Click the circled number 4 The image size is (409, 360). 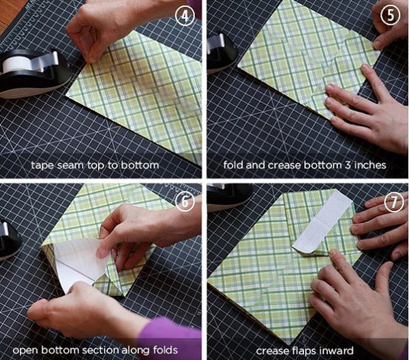[x=185, y=16]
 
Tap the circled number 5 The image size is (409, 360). [x=390, y=15]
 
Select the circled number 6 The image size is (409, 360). [x=185, y=201]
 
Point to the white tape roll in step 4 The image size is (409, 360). [x=17, y=64]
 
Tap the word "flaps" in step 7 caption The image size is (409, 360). [x=303, y=351]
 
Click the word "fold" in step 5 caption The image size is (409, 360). [x=233, y=165]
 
